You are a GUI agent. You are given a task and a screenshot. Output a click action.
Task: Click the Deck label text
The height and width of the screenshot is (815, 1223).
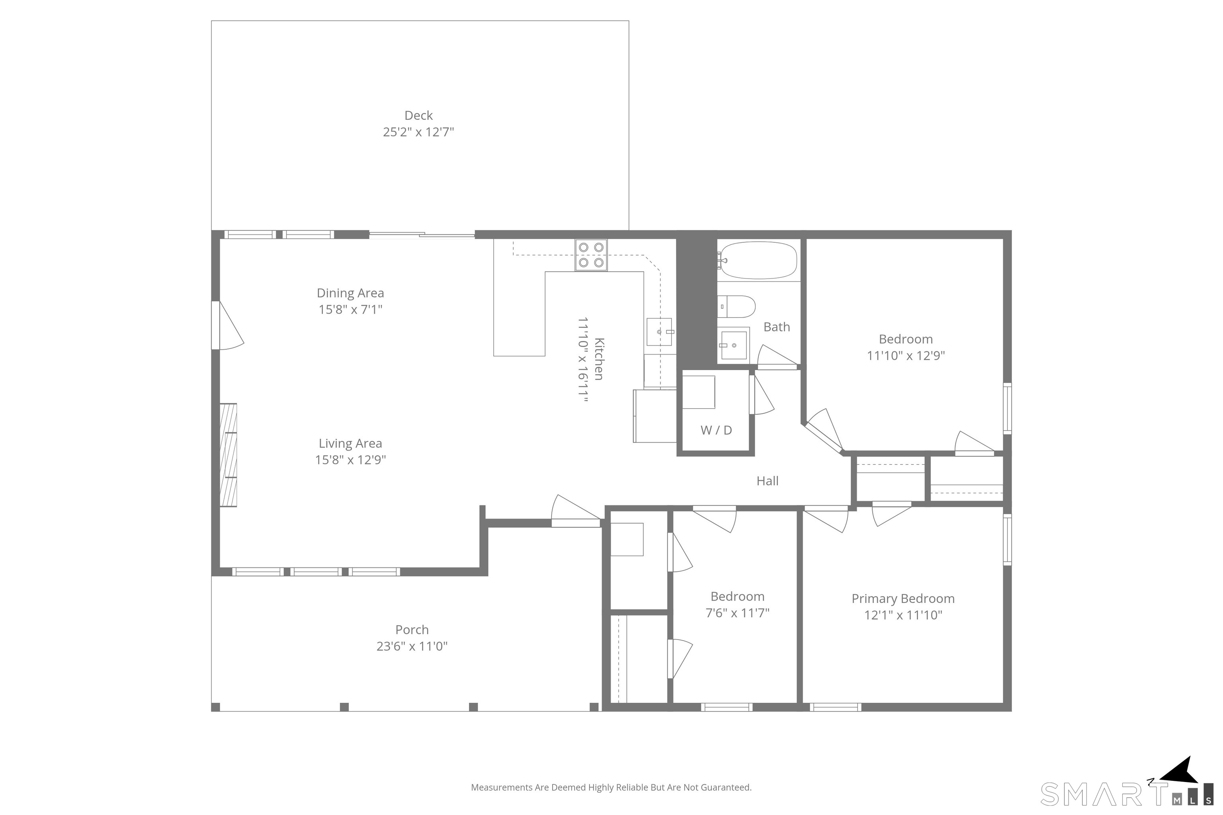pos(418,115)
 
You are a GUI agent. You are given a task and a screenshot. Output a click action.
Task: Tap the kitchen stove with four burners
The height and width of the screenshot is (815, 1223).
pos(591,255)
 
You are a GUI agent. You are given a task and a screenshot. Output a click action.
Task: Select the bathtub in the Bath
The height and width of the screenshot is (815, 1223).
pos(757,260)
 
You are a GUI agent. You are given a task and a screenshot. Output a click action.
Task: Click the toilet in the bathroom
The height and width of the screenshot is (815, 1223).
pos(736,307)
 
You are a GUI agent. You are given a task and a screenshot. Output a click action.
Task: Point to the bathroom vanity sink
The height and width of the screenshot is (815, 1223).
pos(734,344)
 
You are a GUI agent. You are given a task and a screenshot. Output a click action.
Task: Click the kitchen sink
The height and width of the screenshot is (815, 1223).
pos(660,331)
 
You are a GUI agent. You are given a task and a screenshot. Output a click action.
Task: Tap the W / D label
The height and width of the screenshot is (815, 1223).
pos(716,430)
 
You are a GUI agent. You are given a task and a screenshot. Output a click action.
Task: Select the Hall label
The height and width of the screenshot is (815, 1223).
pos(768,481)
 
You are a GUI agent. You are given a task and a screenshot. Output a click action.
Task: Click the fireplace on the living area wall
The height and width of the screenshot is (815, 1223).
pos(228,455)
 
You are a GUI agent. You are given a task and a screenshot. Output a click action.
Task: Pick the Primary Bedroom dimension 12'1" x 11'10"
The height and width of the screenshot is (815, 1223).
pos(903,615)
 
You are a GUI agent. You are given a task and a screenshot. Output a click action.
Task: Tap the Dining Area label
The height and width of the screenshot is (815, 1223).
pos(350,293)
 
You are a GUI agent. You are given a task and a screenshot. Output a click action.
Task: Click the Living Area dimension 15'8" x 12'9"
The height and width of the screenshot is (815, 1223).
pos(350,460)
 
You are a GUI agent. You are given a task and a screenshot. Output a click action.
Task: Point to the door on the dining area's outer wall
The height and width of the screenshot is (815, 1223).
pos(227,326)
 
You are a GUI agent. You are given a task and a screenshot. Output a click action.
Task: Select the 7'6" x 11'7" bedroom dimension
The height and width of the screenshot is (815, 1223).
pos(737,613)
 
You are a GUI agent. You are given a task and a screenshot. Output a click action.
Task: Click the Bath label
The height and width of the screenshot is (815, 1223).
pos(777,327)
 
